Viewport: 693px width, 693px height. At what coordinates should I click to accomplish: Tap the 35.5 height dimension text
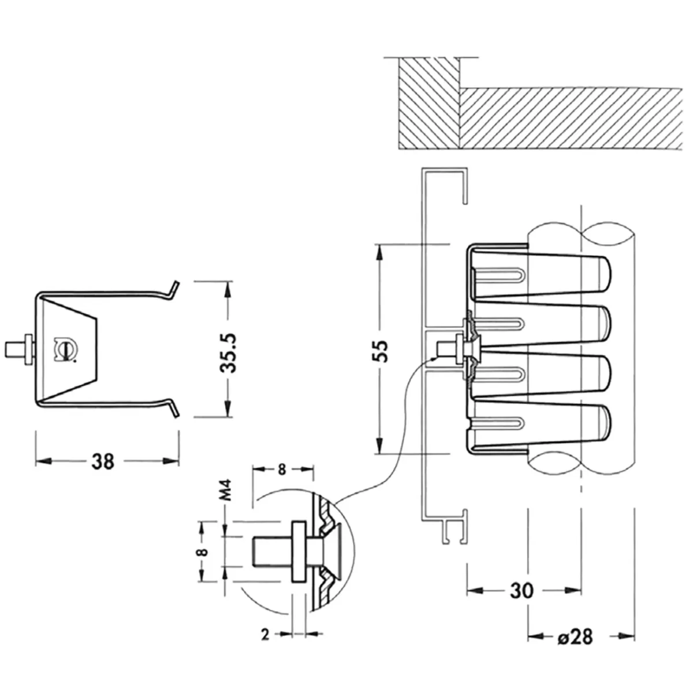pyautogui.click(x=228, y=353)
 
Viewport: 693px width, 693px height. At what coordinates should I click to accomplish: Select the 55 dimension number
pyautogui.click(x=380, y=351)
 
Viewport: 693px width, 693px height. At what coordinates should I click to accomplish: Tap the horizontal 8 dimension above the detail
pyautogui.click(x=282, y=470)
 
